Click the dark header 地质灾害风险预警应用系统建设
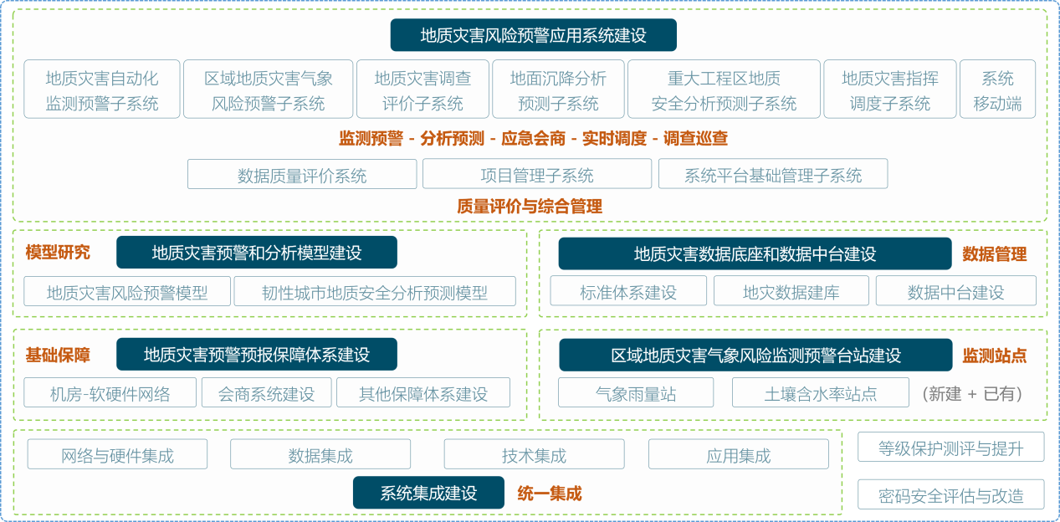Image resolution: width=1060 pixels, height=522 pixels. (533, 35)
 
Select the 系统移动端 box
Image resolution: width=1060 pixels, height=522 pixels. (997, 90)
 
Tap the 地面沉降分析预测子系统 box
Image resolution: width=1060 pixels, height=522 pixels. (558, 90)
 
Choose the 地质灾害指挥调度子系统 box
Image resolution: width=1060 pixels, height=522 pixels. (889, 90)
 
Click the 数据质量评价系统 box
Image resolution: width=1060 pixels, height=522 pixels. (302, 175)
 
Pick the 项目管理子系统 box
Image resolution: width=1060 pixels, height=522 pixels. (537, 175)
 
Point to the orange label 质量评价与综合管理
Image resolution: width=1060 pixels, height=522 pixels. (530, 206)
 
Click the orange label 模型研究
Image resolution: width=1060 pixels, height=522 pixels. (58, 253)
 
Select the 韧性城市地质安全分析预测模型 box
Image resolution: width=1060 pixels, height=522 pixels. (375, 292)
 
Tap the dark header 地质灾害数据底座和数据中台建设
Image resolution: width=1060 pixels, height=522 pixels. (755, 253)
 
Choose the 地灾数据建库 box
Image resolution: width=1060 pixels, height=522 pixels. (791, 292)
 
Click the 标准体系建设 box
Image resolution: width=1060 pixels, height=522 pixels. (628, 292)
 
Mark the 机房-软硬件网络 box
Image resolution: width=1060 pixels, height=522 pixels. (110, 393)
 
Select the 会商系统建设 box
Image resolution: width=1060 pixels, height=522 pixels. (266, 393)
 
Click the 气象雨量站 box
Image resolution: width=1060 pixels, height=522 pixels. (636, 393)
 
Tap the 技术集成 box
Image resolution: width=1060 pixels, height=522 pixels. (534, 455)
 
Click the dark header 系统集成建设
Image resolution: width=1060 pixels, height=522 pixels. (428, 493)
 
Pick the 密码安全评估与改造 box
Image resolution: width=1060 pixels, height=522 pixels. (951, 495)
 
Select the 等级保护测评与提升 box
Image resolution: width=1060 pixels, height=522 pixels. (951, 448)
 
